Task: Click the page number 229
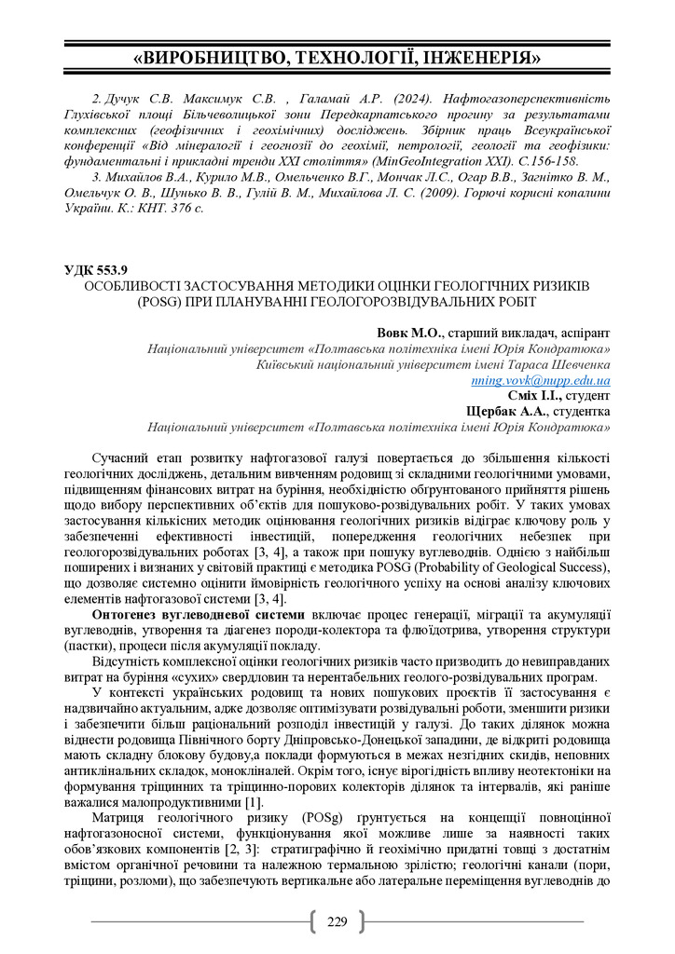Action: point(337,922)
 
